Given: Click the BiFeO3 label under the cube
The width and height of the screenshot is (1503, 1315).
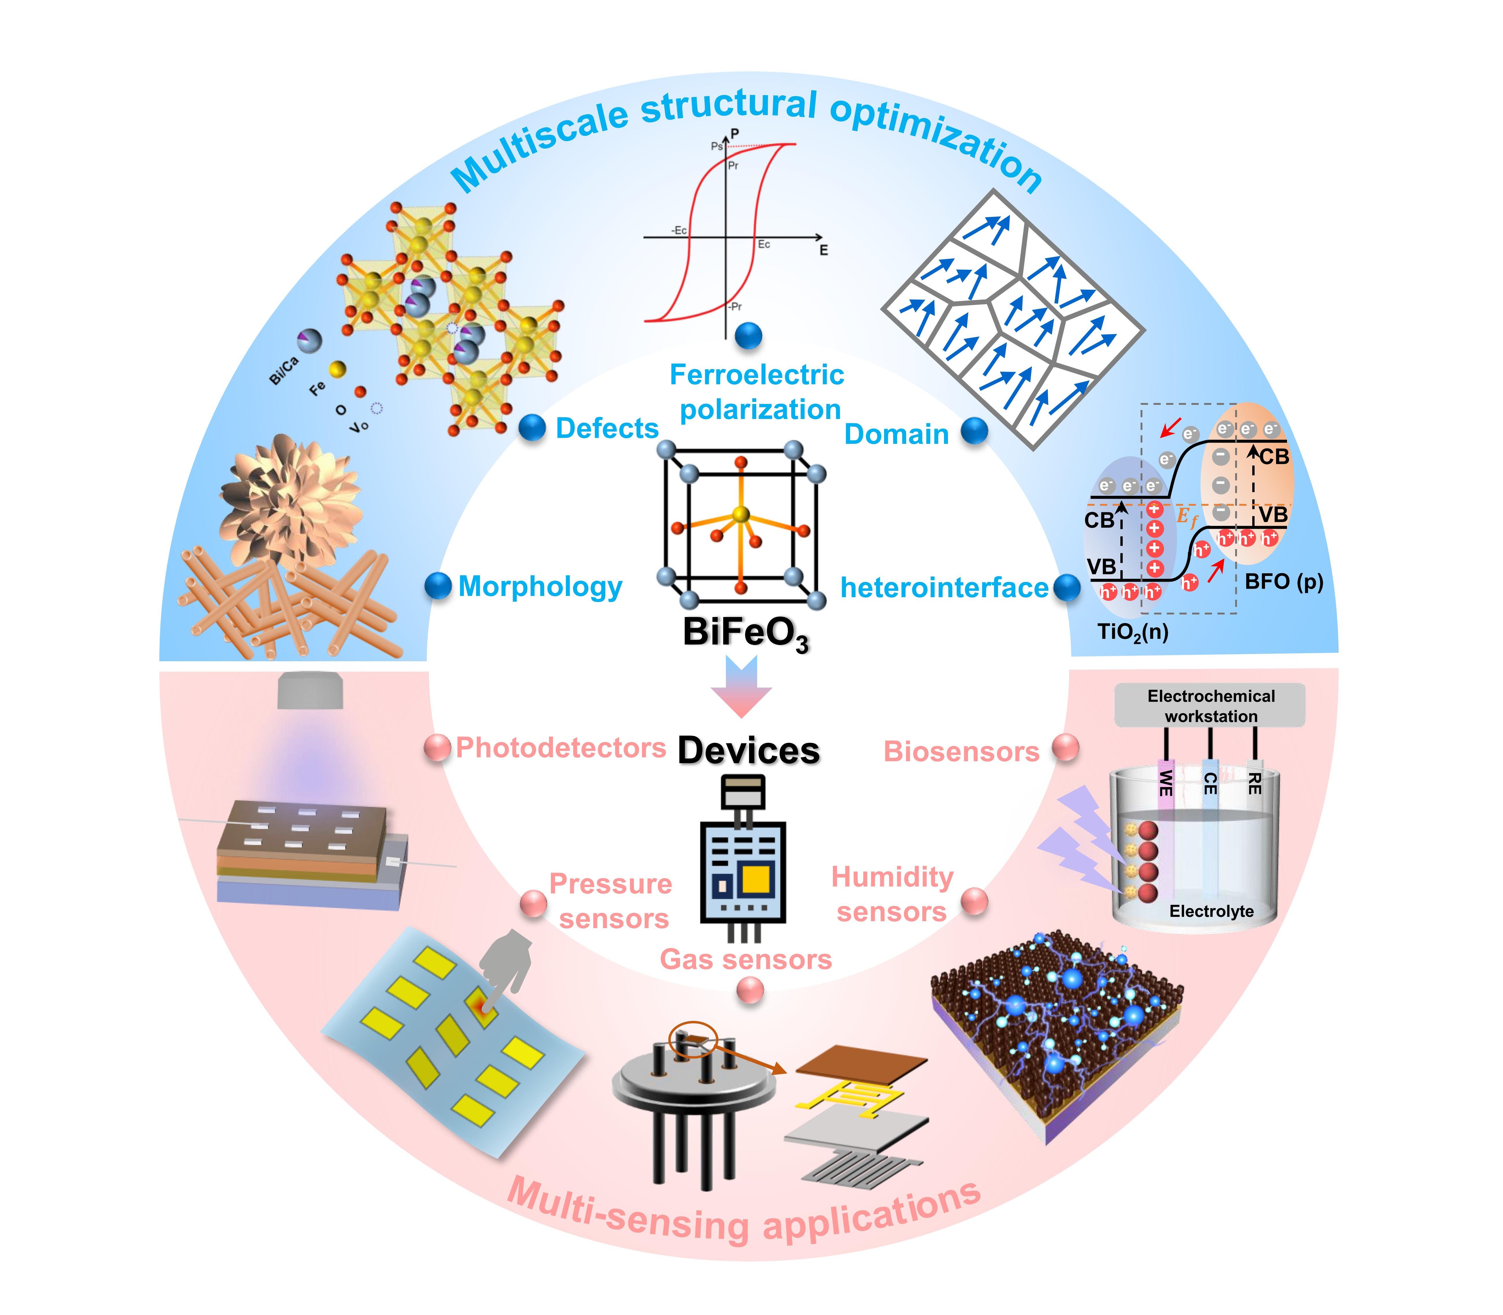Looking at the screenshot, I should click(745, 633).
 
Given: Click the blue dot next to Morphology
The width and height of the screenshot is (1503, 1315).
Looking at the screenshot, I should click(438, 586).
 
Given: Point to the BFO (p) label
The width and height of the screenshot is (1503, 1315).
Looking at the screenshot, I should click(1283, 581).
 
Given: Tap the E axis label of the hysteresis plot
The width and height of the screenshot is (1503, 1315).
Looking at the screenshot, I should click(823, 250).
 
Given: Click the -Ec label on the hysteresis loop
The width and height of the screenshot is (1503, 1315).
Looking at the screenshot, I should click(679, 230).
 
